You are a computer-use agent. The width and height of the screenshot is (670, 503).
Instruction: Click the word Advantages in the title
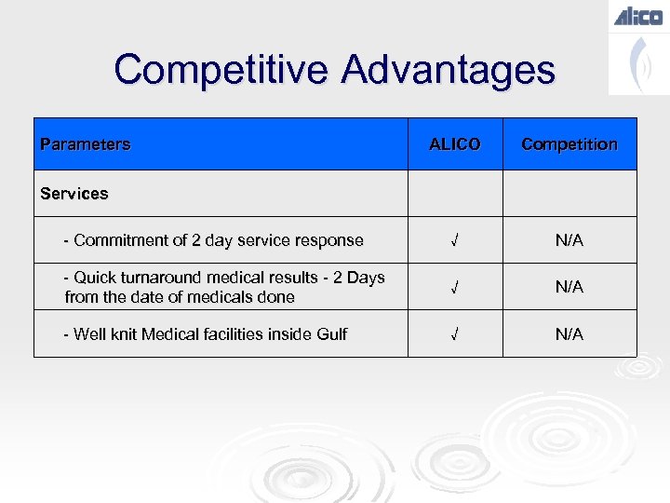[x=449, y=70]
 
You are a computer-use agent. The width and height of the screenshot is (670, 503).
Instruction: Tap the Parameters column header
[x=86, y=144]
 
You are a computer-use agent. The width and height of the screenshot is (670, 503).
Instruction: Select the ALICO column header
[x=454, y=144]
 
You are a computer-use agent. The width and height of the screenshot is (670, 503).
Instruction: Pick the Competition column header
[x=569, y=144]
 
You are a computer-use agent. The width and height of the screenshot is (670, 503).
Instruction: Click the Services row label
[x=74, y=194]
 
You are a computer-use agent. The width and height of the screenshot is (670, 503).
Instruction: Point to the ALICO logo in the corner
[x=638, y=16]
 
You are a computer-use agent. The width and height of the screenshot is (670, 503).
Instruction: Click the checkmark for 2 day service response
[x=454, y=240]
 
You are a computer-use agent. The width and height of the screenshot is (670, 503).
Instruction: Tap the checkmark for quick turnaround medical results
[x=454, y=288]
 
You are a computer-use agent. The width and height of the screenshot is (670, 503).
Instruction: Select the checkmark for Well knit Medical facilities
[x=454, y=334]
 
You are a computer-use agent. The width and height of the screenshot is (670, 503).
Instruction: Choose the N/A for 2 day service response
[x=569, y=240]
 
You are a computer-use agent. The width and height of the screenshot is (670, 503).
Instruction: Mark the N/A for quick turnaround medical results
[x=569, y=288]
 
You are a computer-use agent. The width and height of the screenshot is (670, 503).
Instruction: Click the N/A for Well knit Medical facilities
[x=569, y=334]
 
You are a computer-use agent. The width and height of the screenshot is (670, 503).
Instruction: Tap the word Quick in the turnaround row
[x=94, y=278]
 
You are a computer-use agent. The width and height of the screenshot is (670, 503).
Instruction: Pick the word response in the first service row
[x=330, y=240]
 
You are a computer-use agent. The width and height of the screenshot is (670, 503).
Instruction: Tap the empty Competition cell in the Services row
[x=569, y=194]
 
